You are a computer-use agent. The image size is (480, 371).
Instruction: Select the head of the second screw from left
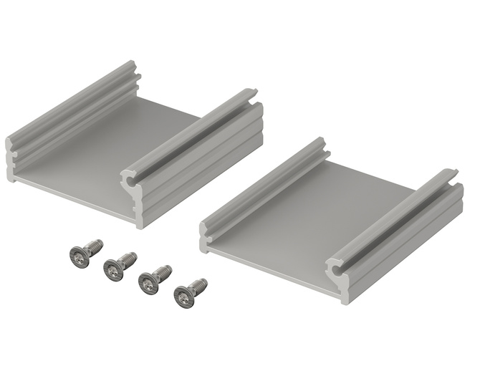tap(112, 270)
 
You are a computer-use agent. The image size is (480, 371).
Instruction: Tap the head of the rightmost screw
tap(183, 295)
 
